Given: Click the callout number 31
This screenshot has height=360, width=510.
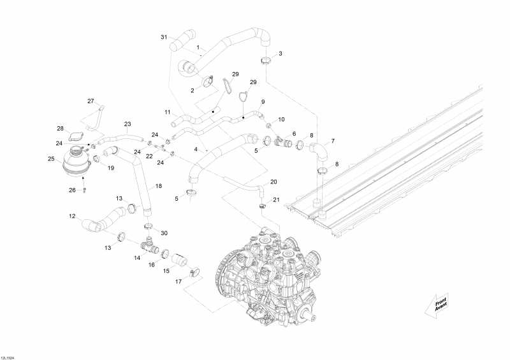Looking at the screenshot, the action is [x=164, y=37].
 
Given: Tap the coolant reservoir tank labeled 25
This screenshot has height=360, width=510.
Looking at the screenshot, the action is [x=76, y=162].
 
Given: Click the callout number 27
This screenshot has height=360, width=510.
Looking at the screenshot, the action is [x=91, y=101].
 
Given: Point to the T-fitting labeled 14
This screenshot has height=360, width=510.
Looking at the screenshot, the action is [x=149, y=247].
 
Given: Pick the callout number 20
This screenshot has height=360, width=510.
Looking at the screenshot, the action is [x=273, y=182].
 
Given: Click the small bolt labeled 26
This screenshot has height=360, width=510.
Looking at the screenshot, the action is [x=85, y=190].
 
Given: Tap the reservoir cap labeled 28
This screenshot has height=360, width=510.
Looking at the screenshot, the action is [x=76, y=136].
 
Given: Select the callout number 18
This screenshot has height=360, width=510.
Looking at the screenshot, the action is [x=158, y=186].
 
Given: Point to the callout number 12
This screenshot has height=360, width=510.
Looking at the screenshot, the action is [x=72, y=215].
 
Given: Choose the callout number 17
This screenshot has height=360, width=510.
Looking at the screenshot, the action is [x=178, y=282].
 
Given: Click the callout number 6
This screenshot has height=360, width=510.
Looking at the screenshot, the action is [x=294, y=134].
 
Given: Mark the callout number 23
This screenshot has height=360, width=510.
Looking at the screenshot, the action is [x=127, y=124].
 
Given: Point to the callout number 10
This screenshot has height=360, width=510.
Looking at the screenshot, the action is [x=281, y=119].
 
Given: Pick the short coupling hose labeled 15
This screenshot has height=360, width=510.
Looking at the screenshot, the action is [x=180, y=260].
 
